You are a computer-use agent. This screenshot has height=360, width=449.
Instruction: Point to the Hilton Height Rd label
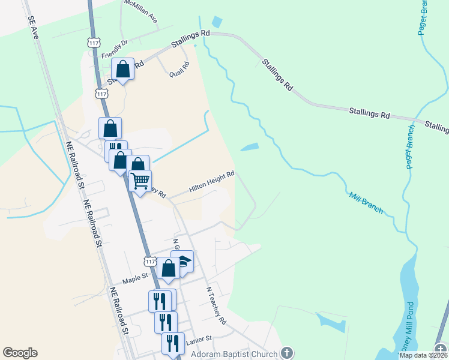tap(211, 181)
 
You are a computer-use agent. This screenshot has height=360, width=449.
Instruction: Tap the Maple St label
tap(135, 278)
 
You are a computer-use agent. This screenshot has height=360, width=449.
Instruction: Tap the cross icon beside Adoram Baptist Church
tap(287, 353)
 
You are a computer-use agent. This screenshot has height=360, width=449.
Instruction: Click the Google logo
tap(20, 353)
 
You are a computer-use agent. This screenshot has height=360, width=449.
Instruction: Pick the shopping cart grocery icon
tap(140, 180)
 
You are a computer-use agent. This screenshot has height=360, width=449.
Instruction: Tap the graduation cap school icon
tap(182, 261)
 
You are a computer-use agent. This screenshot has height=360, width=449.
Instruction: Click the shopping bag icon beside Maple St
tap(169, 268)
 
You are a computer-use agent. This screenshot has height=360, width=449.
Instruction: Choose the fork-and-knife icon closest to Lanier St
tap(173, 343)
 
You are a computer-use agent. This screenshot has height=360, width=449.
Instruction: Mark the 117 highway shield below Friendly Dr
tap(101, 94)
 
